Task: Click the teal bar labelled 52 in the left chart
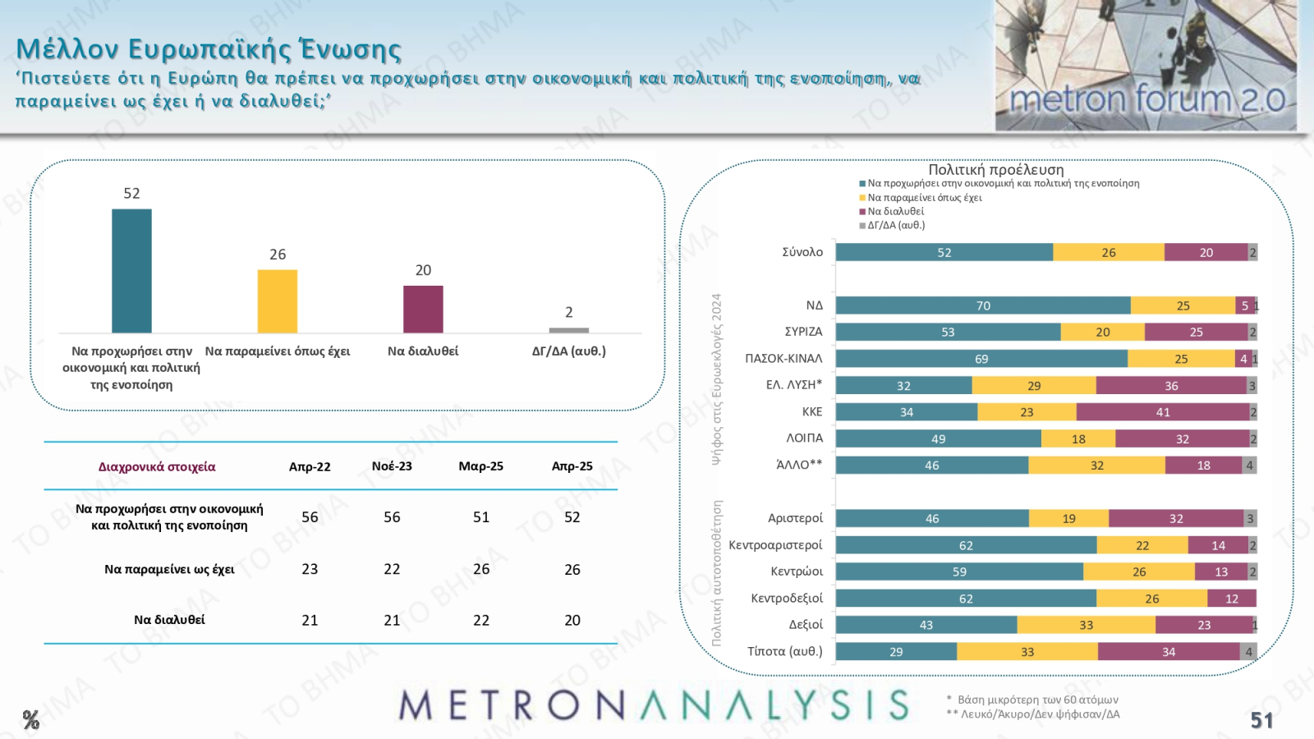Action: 131,271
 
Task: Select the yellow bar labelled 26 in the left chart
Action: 278,301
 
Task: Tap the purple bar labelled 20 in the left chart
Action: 423,310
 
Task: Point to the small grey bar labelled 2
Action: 568,330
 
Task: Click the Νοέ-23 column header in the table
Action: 392,466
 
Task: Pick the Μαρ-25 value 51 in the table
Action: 481,517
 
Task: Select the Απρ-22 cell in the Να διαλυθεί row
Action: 310,621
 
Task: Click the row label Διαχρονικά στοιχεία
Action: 157,467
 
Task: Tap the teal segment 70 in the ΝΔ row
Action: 983,305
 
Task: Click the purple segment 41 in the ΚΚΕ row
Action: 1163,412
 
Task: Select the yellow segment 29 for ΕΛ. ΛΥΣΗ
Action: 1034,386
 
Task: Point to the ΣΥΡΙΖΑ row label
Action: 803,332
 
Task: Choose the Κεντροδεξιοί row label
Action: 787,599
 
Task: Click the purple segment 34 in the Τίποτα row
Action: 1169,652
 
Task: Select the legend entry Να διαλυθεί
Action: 895,211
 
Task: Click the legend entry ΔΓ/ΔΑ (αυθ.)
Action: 896,225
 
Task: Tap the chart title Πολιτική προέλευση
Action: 995,170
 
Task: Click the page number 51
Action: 1261,720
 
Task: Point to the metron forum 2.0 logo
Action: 1146,99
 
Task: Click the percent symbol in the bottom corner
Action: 31,720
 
